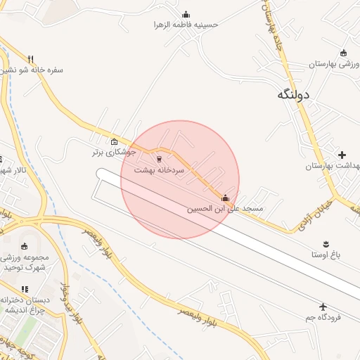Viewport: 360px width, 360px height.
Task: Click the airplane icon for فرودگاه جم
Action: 323,307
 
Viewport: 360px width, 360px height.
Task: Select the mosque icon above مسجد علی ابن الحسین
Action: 225,198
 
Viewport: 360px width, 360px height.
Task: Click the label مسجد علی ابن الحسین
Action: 225,210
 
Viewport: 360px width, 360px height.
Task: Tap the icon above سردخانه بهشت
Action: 159,159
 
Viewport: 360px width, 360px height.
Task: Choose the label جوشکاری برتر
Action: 114,151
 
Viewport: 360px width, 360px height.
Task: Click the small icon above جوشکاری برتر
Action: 115,141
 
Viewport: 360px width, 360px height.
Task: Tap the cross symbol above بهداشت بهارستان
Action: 342,155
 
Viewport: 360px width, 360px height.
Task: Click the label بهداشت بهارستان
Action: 333,166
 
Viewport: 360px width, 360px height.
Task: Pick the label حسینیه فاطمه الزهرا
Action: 186,25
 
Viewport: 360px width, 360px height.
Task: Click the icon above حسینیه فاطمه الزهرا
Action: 186,14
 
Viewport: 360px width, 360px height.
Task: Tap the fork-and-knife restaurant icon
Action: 30,59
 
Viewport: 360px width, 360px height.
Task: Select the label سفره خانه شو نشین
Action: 32,70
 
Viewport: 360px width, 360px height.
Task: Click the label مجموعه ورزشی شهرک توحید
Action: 25,262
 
